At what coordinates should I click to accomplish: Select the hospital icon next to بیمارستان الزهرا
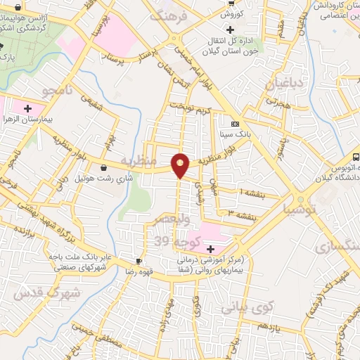27,109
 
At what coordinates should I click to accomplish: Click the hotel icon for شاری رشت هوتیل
105,168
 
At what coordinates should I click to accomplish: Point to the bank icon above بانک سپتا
235,123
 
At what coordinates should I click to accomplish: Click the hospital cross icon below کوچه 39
210,248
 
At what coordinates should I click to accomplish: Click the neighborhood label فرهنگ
172,15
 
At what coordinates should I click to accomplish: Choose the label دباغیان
287,86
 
